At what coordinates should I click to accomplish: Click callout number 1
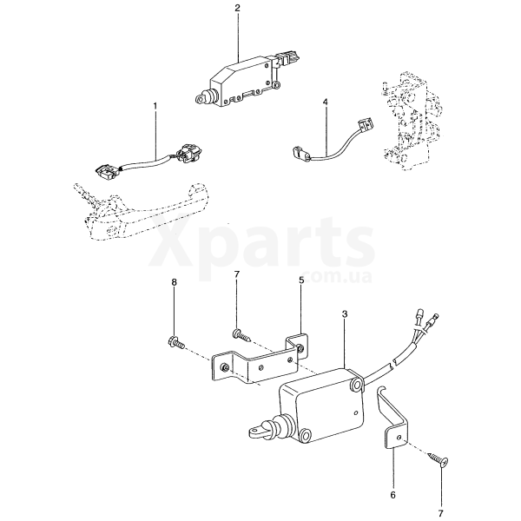155,106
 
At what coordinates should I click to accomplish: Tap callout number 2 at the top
237,8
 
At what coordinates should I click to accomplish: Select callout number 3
345,314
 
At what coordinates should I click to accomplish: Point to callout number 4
325,102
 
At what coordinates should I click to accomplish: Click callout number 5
301,280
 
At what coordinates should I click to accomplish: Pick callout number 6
392,495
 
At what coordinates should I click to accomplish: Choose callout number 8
175,282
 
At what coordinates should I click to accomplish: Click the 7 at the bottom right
441,513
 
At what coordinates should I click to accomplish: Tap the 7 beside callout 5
237,274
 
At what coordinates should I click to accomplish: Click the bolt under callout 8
177,342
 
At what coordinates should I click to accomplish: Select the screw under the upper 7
241,334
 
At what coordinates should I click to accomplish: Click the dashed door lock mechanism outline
411,122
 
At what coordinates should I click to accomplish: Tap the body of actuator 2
244,82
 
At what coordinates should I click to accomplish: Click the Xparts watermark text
262,244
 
